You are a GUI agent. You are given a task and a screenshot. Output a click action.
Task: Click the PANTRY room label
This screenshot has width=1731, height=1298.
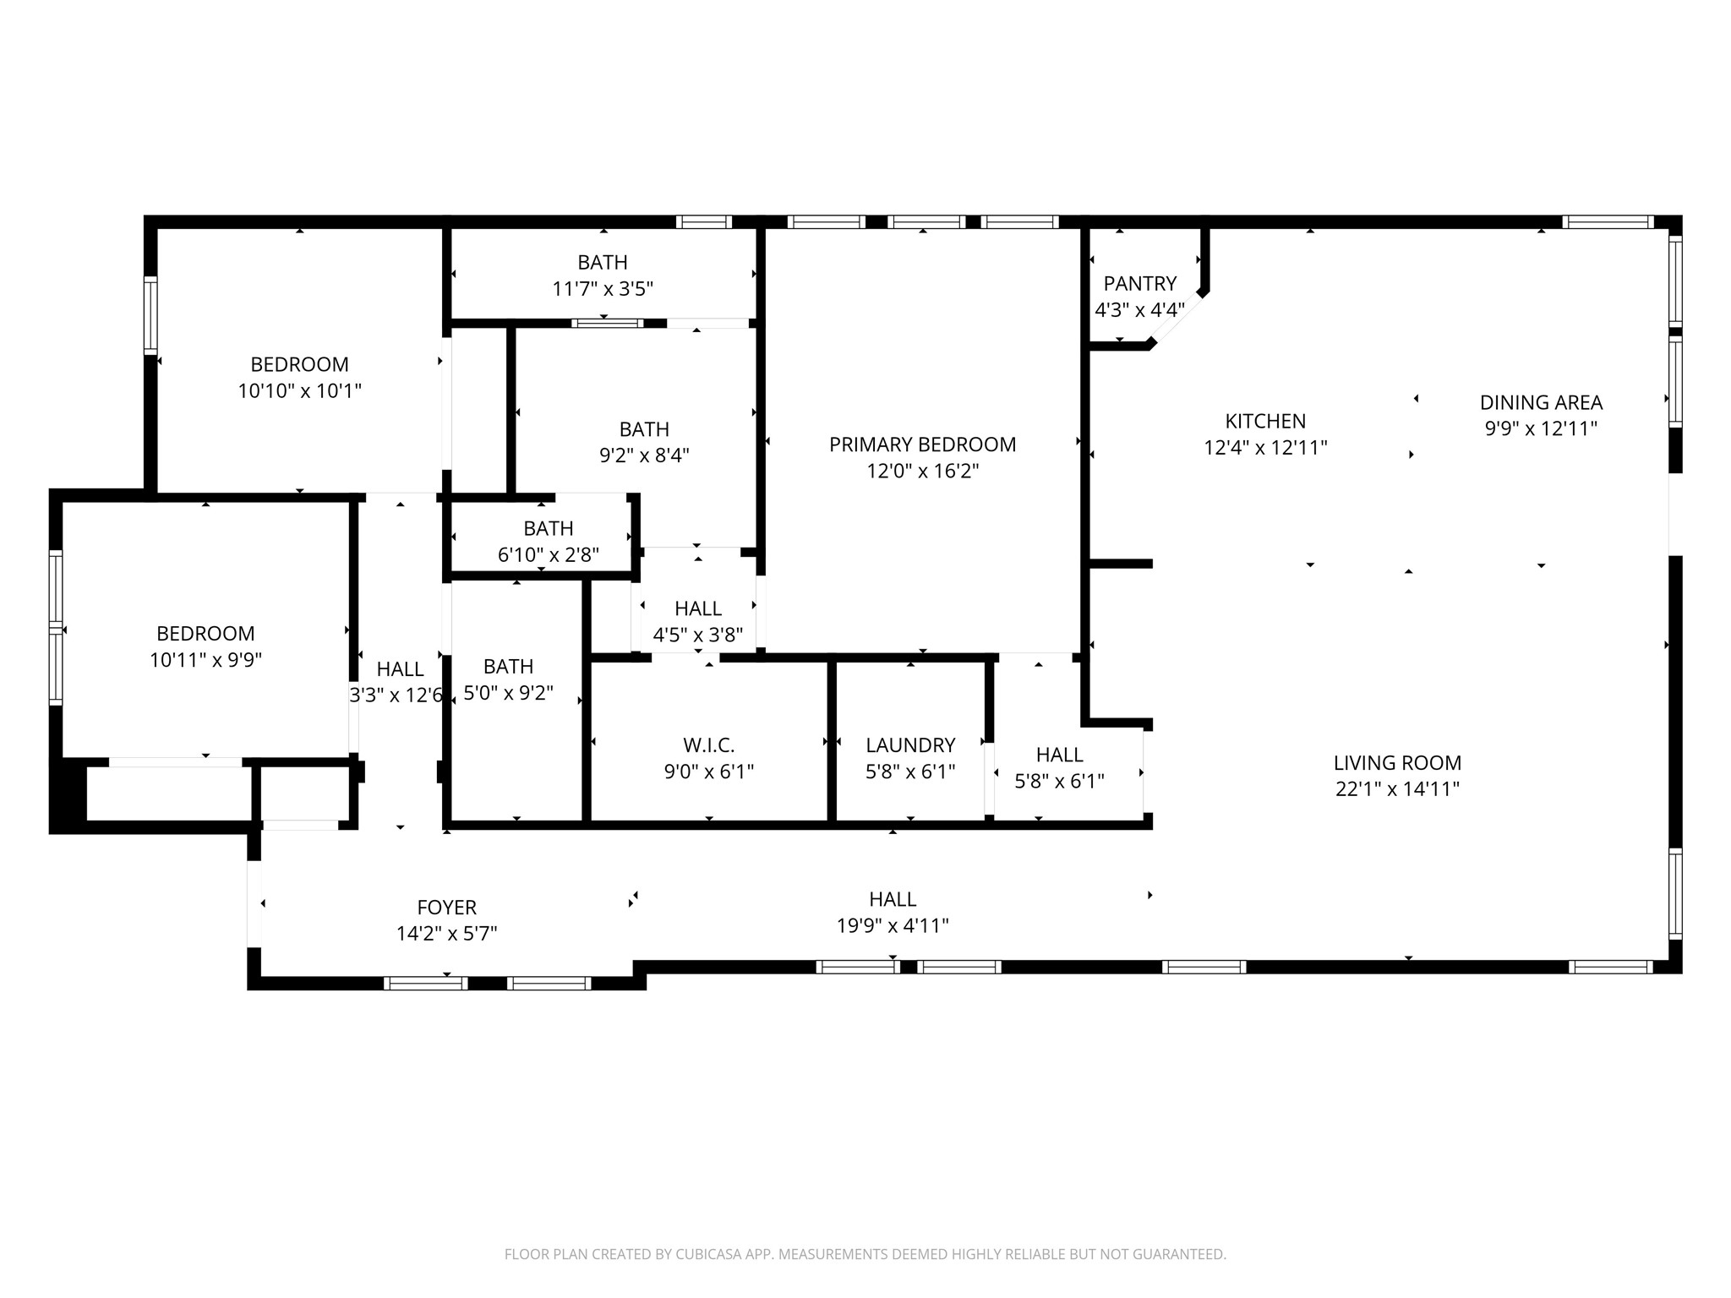1139,283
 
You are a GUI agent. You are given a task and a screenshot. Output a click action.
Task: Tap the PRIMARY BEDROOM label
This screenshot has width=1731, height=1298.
922,444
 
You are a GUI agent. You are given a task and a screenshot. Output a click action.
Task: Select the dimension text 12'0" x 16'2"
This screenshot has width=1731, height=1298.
922,471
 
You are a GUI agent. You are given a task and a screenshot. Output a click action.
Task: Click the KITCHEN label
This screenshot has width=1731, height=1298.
1265,421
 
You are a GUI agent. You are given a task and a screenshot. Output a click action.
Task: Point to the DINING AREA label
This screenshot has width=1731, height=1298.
1541,402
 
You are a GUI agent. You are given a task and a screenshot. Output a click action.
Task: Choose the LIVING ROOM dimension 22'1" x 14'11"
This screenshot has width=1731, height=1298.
1397,789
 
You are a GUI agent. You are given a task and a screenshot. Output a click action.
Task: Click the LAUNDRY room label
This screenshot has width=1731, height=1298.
910,745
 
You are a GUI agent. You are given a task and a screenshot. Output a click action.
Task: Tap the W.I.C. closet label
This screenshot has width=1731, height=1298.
708,745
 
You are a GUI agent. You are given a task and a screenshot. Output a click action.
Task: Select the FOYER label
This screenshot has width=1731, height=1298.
446,908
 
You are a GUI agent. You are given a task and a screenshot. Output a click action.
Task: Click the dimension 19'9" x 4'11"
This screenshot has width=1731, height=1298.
893,926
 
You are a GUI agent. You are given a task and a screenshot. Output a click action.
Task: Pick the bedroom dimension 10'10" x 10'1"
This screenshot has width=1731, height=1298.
299,391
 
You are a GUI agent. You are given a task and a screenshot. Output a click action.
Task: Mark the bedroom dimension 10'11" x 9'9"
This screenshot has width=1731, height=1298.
205,660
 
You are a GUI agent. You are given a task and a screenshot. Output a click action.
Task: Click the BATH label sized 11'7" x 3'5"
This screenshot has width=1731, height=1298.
603,262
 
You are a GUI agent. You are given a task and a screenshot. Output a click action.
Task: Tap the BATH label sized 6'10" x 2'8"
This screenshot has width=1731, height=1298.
548,529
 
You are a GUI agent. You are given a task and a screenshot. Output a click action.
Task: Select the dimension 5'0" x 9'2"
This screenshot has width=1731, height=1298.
508,693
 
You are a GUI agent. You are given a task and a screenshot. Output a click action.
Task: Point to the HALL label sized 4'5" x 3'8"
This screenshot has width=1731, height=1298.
697,608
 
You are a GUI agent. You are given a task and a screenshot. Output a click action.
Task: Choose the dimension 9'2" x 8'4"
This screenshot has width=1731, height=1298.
644,455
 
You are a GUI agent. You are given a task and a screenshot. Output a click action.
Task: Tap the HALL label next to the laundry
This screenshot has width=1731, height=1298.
1059,755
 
